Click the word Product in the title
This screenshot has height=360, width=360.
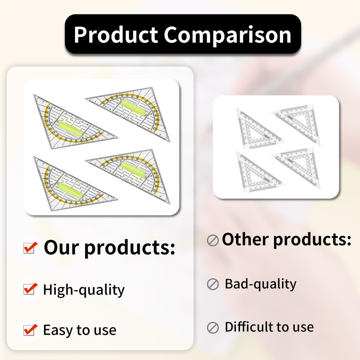[x=116, y=35]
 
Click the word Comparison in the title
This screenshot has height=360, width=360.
[x=228, y=35]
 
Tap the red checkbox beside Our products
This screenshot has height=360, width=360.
[x=30, y=247]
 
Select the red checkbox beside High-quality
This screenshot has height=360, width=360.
[x=30, y=288]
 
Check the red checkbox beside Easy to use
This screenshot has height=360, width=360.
[x=30, y=329]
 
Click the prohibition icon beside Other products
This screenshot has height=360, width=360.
[x=212, y=240]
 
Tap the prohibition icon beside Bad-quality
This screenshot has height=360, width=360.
[x=213, y=284]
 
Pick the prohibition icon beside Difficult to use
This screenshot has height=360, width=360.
[x=213, y=328]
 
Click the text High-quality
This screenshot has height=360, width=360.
[x=84, y=290]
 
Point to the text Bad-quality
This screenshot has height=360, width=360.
[x=261, y=284]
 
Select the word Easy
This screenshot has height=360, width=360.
[x=58, y=330]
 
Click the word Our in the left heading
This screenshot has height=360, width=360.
[x=61, y=247]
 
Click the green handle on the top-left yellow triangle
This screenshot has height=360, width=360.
[x=70, y=129]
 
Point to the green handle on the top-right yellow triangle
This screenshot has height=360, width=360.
[x=133, y=108]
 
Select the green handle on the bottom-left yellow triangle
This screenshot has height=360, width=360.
[x=70, y=190]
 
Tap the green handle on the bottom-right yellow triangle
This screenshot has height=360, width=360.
[x=133, y=170]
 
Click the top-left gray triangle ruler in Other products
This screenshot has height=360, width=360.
[x=259, y=129]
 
